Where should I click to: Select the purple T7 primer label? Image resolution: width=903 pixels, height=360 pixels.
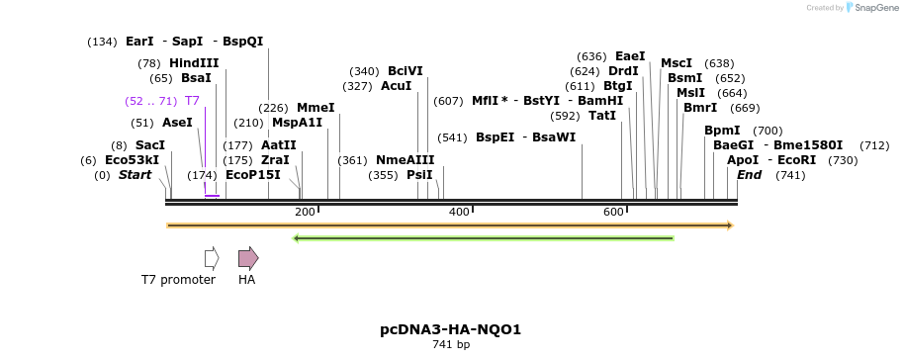[192, 101]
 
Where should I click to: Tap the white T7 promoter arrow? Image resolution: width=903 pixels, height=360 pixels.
[211, 258]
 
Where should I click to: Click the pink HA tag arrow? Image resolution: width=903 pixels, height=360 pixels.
[248, 258]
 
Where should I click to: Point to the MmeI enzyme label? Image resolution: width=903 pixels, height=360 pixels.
[316, 108]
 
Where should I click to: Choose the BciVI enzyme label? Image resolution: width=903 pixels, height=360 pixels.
[405, 71]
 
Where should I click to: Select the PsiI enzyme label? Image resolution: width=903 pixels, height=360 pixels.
[419, 174]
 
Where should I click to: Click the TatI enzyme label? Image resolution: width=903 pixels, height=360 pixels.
[601, 116]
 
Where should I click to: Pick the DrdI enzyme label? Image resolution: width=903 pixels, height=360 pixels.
[623, 71]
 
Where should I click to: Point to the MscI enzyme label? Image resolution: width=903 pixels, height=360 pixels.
[677, 63]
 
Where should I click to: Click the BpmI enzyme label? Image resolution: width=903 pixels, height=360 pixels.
[722, 131]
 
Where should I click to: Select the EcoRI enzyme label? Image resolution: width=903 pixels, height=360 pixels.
[796, 159]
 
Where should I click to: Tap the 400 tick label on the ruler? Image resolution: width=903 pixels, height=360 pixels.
[459, 212]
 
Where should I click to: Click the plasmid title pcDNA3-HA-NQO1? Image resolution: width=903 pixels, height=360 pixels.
[450, 329]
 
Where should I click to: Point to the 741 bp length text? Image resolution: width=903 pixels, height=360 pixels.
[450, 345]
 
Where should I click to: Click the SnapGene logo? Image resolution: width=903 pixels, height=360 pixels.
[869, 8]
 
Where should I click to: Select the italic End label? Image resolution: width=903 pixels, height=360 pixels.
[750, 174]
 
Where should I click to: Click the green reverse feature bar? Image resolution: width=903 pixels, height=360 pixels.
[484, 237]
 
